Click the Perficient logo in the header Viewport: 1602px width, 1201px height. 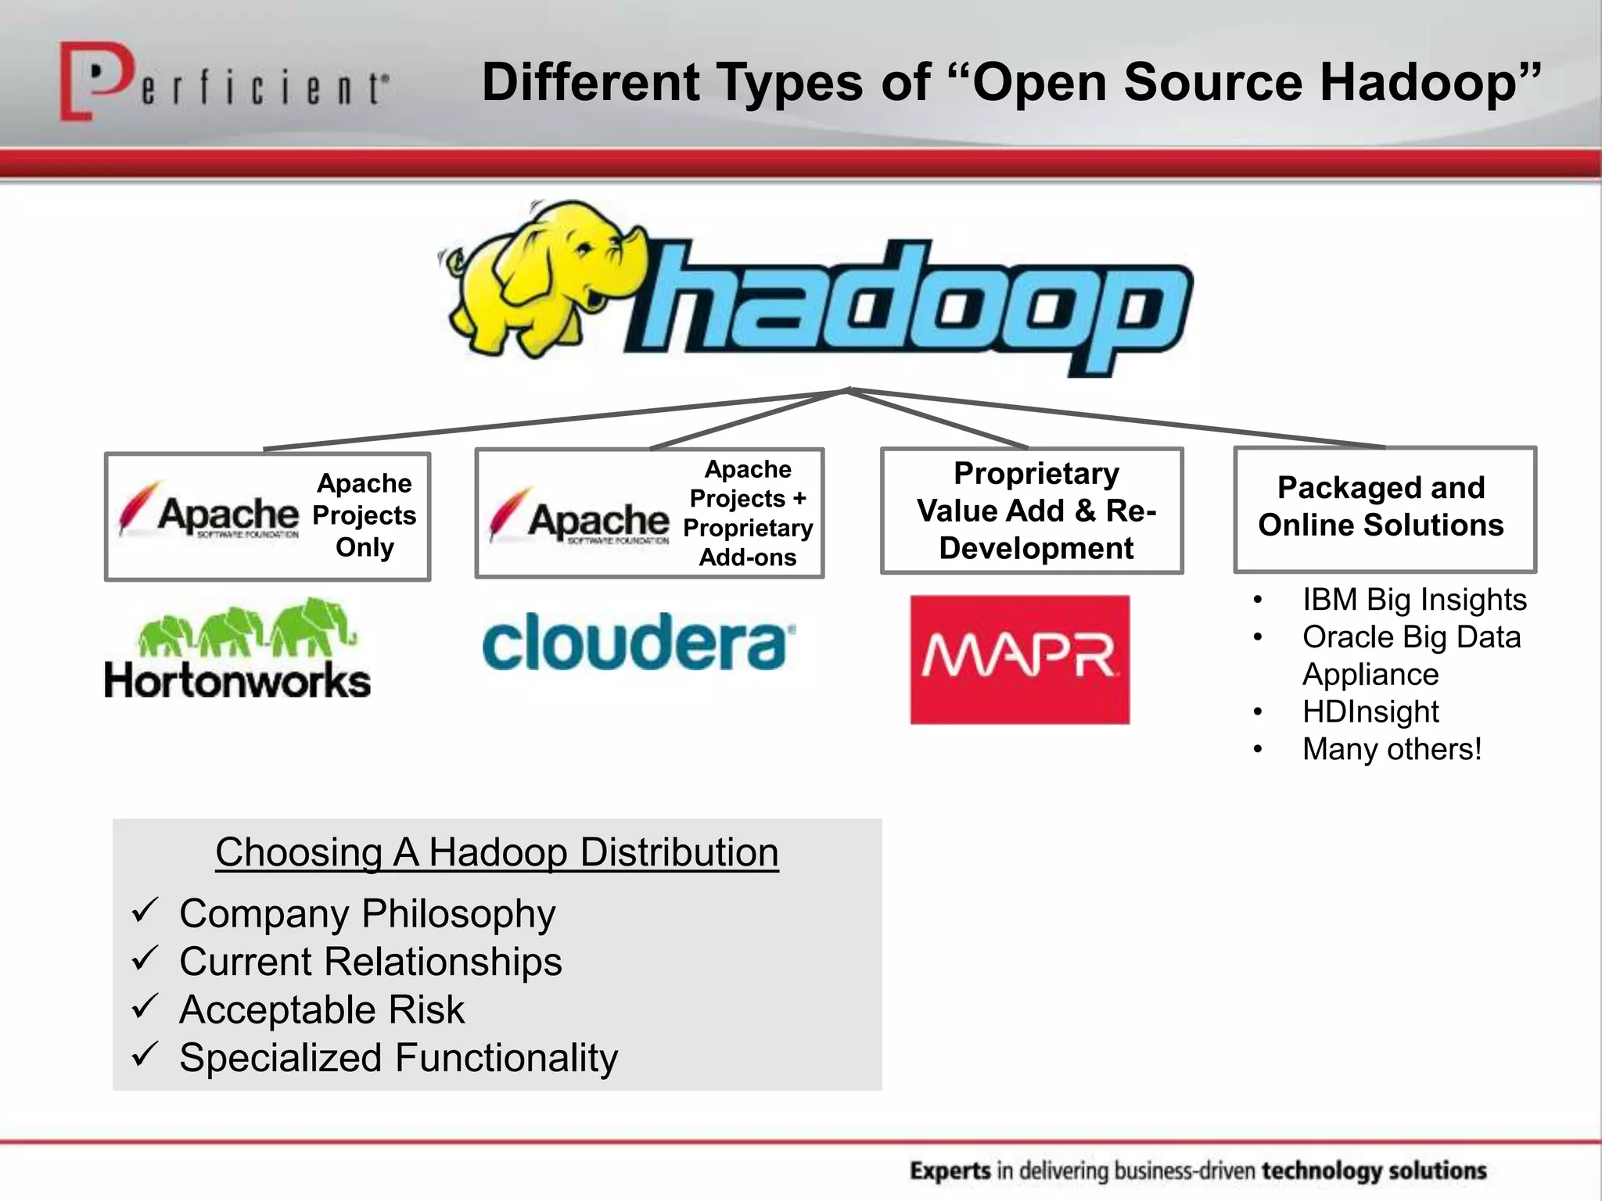click(223, 82)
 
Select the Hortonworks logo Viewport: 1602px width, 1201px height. click(237, 649)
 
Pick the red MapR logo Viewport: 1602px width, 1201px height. click(1019, 659)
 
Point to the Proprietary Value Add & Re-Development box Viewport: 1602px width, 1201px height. click(1032, 511)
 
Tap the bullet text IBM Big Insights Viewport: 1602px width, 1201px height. click(1413, 600)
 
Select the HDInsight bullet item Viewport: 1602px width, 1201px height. click(1370, 712)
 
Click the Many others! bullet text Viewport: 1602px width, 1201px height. click(1392, 749)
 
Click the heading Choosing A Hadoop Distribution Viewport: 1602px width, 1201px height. click(497, 852)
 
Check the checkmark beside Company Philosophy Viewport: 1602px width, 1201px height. click(145, 910)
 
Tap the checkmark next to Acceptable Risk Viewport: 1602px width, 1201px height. click(145, 1006)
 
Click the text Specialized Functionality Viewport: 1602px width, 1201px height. click(398, 1058)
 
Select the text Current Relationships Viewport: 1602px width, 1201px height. click(370, 962)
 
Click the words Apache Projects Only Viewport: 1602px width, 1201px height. click(364, 515)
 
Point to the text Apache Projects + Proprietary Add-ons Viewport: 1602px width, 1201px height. click(748, 513)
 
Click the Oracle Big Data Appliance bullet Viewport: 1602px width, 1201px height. click(1411, 655)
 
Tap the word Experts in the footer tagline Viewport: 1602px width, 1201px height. click(950, 1171)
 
